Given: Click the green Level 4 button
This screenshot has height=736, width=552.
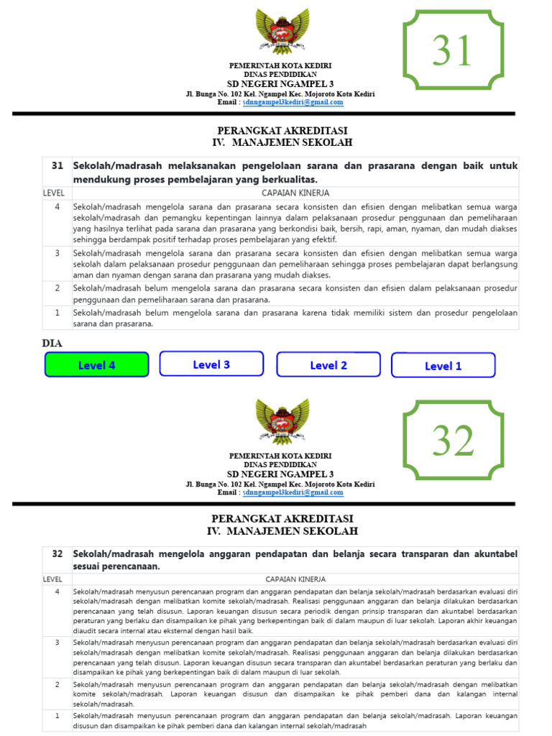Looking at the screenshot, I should (96, 365).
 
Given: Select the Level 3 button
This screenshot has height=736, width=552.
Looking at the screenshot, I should (211, 364).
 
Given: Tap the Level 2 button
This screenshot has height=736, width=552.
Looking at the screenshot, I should (328, 365).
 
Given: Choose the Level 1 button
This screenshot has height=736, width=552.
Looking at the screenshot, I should (443, 366).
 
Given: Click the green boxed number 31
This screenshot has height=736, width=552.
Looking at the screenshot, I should (452, 50).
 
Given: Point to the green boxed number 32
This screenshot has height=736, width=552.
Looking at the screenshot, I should (453, 440).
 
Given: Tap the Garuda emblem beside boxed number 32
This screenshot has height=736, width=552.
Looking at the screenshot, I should (282, 422).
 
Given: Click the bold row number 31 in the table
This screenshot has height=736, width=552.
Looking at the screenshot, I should (57, 165).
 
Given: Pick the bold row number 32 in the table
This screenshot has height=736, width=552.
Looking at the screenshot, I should (57, 554).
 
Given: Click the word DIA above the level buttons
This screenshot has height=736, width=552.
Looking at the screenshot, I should (52, 344).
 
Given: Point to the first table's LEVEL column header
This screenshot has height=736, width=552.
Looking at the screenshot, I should (54, 193).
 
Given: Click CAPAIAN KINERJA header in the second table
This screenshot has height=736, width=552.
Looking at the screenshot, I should (295, 579).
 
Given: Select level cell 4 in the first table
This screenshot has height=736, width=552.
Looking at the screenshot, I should (57, 207).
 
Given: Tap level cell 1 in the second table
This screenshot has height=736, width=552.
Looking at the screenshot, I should (57, 716).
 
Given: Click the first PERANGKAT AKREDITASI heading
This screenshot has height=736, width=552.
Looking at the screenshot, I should (282, 131).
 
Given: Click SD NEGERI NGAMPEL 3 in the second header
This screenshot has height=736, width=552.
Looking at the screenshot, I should (280, 474).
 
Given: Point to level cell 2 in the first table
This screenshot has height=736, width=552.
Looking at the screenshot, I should (57, 287).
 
